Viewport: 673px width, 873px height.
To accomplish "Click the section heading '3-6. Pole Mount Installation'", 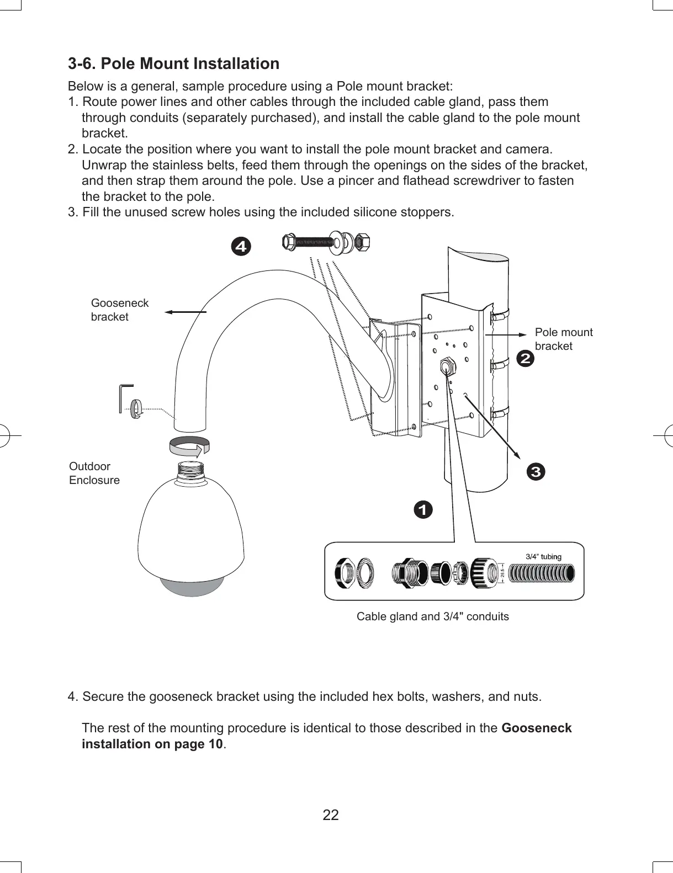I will [173, 64].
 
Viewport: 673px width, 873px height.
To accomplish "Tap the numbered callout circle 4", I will [240, 246].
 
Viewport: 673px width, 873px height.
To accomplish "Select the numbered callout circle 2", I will [525, 359].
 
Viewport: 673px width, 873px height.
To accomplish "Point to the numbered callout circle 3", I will [536, 472].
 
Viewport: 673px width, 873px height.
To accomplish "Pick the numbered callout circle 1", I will [423, 510].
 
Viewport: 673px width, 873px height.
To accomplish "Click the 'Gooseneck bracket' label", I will [119, 310].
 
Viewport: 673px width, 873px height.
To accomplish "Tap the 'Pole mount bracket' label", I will [563, 339].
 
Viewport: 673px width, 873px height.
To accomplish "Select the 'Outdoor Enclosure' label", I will [94, 473].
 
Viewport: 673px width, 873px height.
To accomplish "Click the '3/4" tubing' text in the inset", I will [543, 556].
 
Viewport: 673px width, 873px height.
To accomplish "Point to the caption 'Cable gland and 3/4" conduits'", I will [432, 616].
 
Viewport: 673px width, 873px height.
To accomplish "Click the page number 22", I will [331, 815].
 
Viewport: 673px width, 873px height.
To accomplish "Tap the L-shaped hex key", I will [125, 397].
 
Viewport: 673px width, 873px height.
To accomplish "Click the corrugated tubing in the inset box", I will [540, 573].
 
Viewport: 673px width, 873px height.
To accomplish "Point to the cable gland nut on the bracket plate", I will [446, 366].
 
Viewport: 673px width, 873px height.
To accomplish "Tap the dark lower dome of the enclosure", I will [192, 585].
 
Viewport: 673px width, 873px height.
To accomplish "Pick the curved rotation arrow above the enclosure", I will [189, 446].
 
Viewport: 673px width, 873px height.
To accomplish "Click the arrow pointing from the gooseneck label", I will [186, 312].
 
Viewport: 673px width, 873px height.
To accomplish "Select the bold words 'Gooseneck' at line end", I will [536, 728].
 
